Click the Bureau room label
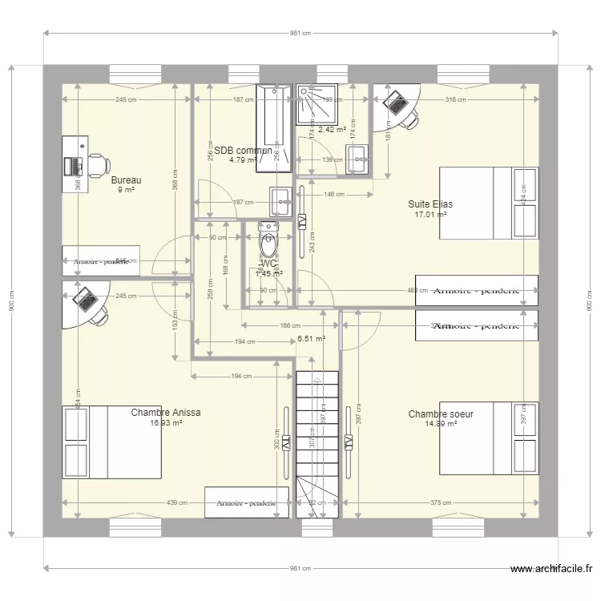[x=126, y=180]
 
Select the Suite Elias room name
[x=430, y=204]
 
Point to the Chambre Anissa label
[x=165, y=413]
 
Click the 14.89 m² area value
[x=440, y=424]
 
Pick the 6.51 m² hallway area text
[x=311, y=339]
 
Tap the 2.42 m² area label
[x=332, y=129]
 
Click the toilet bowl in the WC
[x=268, y=238]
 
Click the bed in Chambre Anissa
[x=112, y=442]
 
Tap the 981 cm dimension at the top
[x=300, y=33]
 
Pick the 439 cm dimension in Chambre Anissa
[x=177, y=503]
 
